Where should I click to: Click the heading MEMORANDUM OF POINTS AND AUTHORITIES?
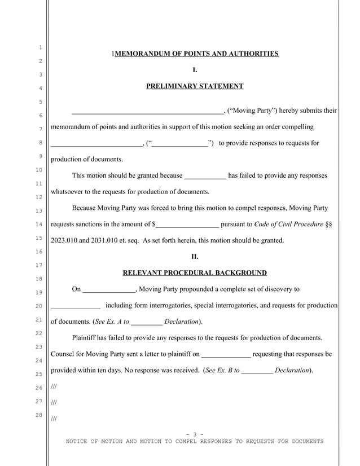coord(196,54)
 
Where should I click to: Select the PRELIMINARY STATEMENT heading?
coord(195,86)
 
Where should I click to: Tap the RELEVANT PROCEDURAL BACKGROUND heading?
coord(195,273)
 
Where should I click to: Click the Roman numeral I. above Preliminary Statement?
coord(195,71)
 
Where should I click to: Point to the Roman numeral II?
coord(195,257)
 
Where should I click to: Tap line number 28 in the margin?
coord(39,416)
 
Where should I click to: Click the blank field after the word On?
coord(109,290)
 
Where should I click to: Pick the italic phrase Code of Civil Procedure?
coord(289,224)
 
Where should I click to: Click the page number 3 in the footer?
coord(194,434)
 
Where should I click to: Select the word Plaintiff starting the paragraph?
coord(87,338)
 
